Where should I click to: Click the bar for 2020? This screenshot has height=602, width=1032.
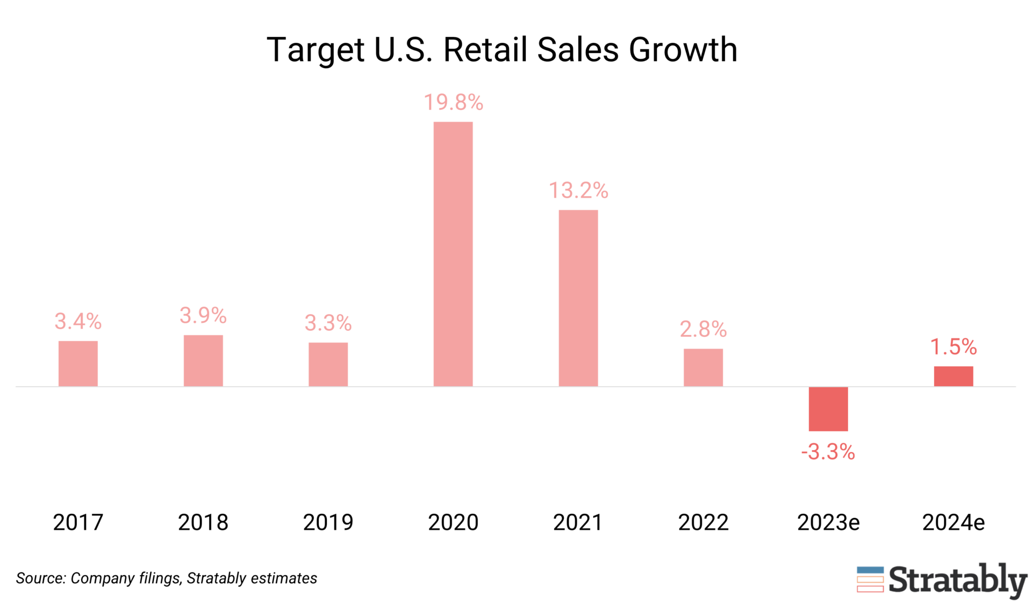453,253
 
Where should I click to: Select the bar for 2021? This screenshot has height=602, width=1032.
578,298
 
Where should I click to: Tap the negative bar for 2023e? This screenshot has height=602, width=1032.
828,409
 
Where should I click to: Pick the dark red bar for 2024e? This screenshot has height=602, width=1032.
953,376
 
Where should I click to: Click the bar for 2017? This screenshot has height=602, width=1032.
78,364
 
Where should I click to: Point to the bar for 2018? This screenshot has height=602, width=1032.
203,360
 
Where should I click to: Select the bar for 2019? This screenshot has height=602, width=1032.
328,364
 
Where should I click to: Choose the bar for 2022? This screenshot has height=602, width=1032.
703,367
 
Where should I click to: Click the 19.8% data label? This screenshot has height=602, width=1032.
453,102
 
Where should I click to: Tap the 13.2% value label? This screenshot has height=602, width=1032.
578,190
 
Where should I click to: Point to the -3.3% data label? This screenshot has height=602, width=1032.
828,452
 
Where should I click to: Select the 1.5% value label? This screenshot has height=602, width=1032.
953,346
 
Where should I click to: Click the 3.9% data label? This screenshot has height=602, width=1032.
203,315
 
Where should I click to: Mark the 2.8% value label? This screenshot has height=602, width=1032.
703,329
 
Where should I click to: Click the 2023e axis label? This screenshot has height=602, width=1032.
828,522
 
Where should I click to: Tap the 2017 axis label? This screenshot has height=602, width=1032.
78,522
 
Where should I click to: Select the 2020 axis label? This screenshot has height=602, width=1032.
453,522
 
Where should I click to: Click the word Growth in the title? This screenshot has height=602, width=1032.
683,50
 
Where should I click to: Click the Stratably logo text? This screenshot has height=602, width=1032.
957,580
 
